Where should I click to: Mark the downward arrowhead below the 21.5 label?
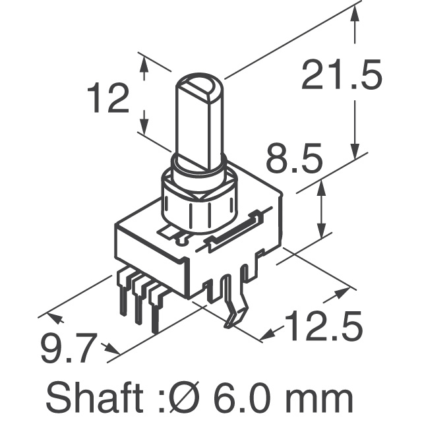pyautogui.click(x=355, y=148)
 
